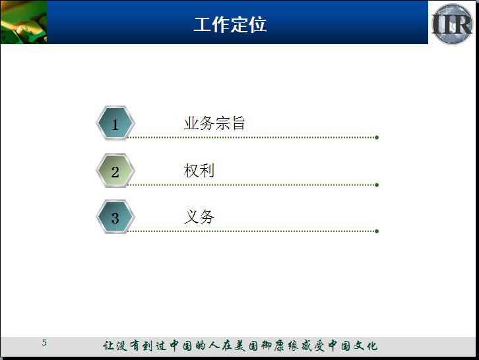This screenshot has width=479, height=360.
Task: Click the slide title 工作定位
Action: [230, 24]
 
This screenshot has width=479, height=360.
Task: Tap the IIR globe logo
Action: [452, 24]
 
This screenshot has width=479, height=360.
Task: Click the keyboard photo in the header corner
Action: [24, 22]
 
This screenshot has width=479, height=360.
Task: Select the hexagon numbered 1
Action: [115, 123]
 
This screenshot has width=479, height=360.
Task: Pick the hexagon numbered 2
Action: [115, 170]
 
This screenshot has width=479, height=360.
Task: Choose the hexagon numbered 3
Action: [115, 217]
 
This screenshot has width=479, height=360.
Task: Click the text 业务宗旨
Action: [214, 123]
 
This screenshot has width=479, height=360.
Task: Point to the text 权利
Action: [199, 170]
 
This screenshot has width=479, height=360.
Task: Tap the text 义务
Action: [199, 217]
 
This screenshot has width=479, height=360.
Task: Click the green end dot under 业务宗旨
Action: [377, 137]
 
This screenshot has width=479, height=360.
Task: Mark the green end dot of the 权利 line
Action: [377, 185]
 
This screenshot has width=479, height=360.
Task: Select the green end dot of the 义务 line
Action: [377, 231]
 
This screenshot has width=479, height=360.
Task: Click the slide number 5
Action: [44, 343]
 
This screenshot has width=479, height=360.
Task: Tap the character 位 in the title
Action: [258, 24]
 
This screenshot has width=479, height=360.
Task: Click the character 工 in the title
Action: [203, 24]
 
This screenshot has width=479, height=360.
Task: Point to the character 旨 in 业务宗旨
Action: [238, 123]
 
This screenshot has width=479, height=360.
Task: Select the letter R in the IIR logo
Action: [463, 24]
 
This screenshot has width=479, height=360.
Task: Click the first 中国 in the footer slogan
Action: [181, 345]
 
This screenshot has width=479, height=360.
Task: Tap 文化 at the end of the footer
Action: [366, 345]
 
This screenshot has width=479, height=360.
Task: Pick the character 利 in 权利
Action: [207, 170]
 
